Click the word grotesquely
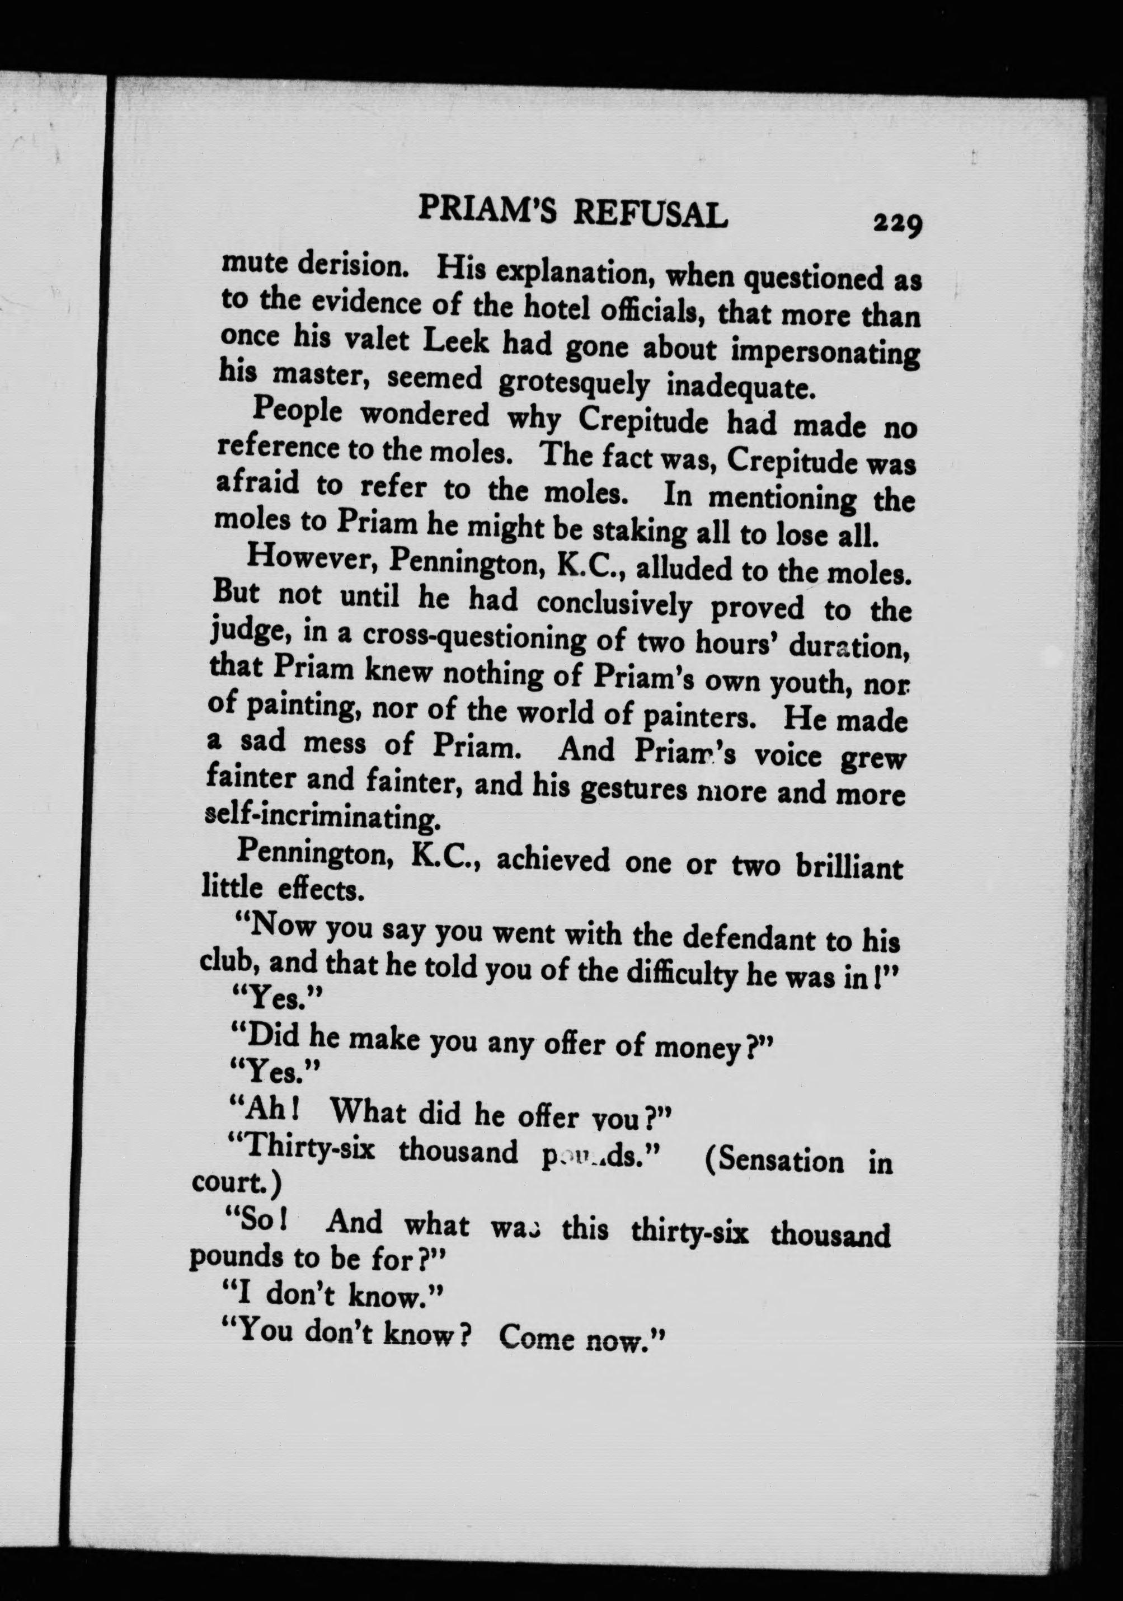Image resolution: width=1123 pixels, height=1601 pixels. [575, 382]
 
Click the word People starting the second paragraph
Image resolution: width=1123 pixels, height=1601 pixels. [298, 411]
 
